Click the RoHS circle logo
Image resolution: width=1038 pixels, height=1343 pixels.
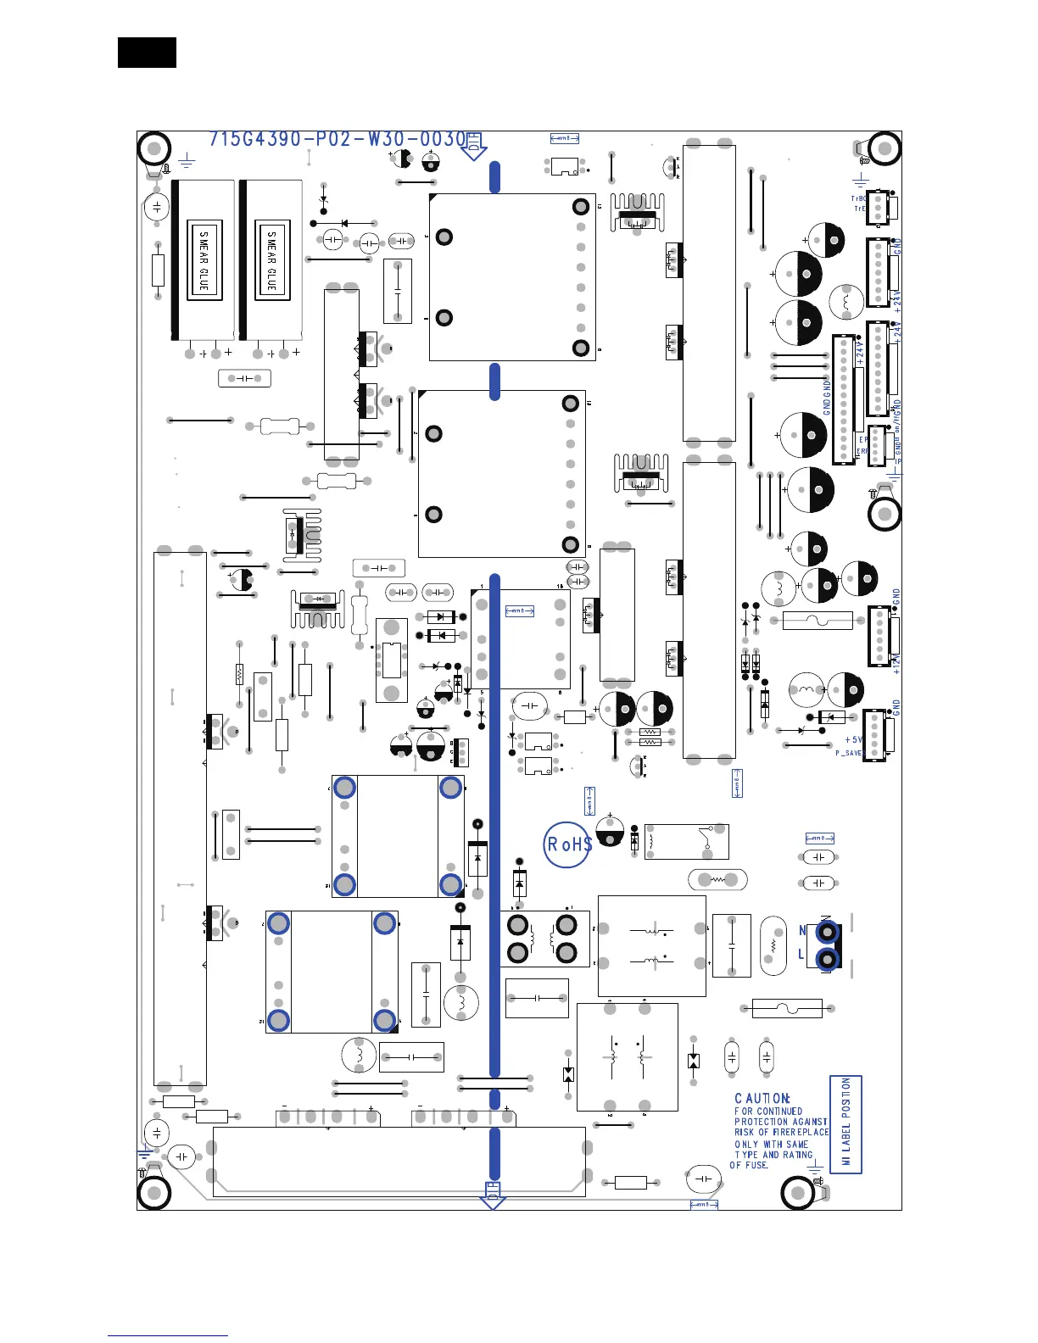point(567,844)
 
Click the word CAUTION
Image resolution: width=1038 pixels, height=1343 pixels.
point(762,1098)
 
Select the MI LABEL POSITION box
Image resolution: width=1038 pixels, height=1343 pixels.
point(845,1123)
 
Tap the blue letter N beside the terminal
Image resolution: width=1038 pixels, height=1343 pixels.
point(803,931)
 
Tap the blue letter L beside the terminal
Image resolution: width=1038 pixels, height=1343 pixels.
point(801,955)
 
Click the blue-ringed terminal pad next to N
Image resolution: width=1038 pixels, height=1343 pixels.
point(826,933)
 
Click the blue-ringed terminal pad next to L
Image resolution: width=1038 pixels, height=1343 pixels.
point(826,959)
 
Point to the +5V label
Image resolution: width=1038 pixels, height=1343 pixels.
point(852,740)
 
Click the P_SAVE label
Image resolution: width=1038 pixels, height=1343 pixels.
point(848,753)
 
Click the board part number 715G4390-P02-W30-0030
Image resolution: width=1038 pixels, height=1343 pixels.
point(338,139)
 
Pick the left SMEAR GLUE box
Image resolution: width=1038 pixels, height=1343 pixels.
point(204,260)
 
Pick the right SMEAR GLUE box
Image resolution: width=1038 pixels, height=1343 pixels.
point(271,260)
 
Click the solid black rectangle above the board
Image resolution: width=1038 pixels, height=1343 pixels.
point(147,53)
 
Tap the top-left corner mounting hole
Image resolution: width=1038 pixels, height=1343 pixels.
point(154,150)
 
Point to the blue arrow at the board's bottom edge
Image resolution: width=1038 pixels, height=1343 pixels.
point(493,1195)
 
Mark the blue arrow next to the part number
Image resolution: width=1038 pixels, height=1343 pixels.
point(473,147)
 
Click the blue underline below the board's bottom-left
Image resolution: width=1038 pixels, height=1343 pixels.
point(168,1335)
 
